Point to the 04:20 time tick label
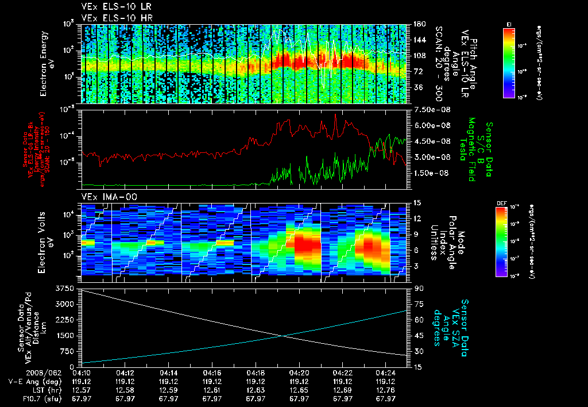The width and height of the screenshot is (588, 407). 299,372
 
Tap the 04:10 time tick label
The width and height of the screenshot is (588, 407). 82,372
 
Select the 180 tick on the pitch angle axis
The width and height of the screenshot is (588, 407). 419,24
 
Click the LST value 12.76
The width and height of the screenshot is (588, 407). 386,389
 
